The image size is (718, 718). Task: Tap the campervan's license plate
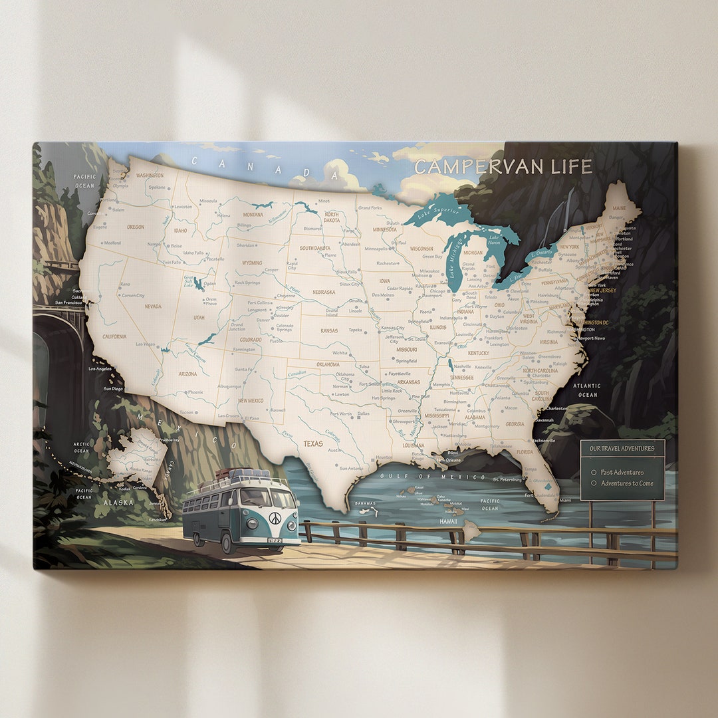(275, 540)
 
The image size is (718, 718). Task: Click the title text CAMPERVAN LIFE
(503, 167)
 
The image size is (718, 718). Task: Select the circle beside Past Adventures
(594, 472)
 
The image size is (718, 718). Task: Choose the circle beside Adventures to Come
(594, 483)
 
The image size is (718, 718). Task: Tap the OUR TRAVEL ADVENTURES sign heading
(622, 449)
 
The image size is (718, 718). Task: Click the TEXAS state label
(313, 443)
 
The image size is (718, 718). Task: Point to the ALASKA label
(118, 503)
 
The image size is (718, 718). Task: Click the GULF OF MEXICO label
(433, 477)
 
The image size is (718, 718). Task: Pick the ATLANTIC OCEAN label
(587, 390)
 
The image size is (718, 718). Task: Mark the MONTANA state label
(253, 215)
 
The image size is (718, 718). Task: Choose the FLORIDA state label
(525, 452)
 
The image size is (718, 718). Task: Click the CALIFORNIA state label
(114, 336)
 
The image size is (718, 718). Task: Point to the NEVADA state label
(153, 306)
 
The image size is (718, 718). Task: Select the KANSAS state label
(329, 330)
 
